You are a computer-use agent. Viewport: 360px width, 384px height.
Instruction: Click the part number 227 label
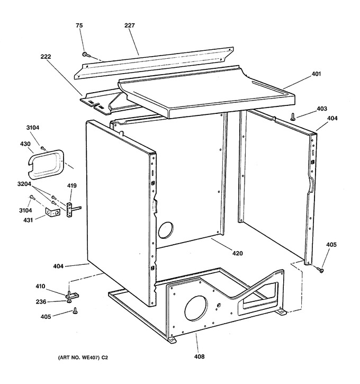(x=130, y=25)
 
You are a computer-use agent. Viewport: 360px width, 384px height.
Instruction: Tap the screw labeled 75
(x=85, y=55)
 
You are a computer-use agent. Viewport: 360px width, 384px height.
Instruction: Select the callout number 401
(x=316, y=74)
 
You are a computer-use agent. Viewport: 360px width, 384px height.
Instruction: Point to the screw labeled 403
(x=292, y=117)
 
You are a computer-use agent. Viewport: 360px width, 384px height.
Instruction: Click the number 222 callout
(x=46, y=57)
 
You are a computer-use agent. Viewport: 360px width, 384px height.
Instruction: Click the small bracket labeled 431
(x=52, y=212)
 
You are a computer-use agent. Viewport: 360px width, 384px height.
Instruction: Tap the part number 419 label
(x=71, y=185)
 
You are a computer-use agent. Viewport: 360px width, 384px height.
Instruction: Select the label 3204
(x=24, y=184)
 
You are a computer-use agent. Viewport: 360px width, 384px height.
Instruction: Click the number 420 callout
(x=238, y=253)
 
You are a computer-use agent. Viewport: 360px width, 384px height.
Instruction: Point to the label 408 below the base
(x=199, y=356)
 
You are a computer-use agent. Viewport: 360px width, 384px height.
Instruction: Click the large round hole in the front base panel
(x=195, y=308)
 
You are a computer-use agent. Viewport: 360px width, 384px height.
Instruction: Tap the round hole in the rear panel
(x=166, y=230)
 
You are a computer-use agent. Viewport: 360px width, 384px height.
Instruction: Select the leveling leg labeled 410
(x=71, y=295)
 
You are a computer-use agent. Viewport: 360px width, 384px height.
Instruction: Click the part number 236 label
(x=41, y=302)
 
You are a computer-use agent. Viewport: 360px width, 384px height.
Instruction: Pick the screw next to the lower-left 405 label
(x=75, y=311)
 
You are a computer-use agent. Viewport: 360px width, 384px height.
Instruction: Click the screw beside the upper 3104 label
(x=43, y=148)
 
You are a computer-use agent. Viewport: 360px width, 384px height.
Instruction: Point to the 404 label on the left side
(x=58, y=266)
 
